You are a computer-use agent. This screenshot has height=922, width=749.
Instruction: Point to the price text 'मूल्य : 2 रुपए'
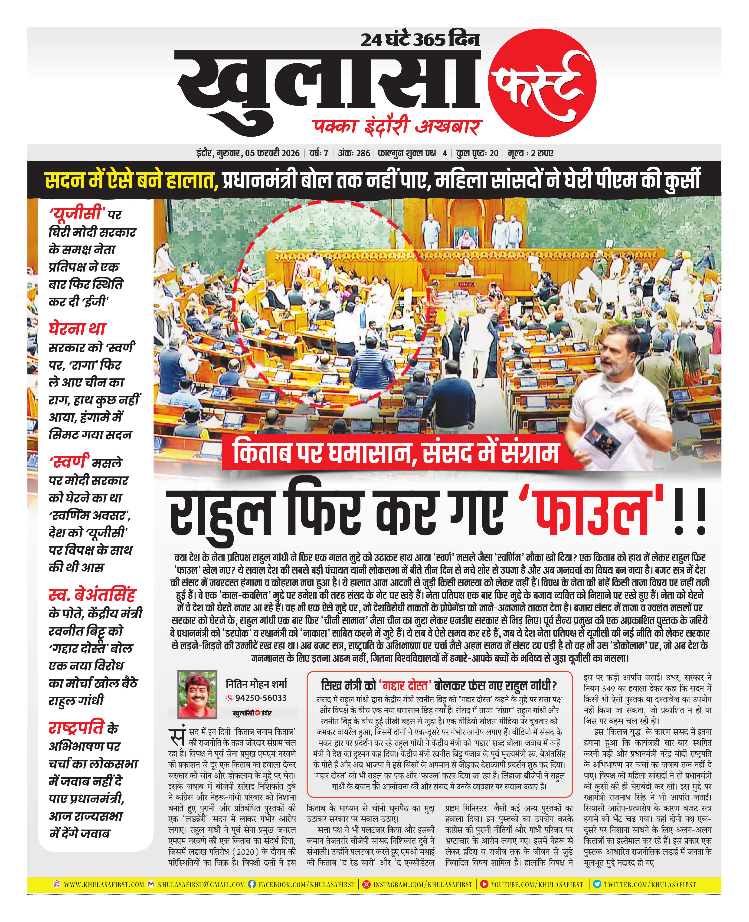(x=530, y=153)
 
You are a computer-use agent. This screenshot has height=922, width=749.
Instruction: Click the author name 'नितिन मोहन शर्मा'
(x=256, y=684)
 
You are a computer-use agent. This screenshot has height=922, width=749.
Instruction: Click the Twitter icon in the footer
(x=597, y=884)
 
